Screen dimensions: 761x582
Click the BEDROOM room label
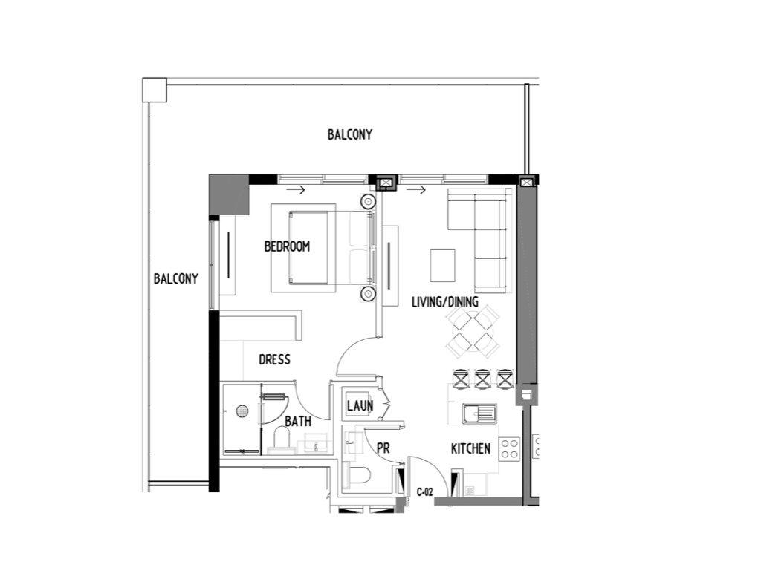(x=287, y=246)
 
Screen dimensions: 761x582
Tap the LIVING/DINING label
(x=444, y=302)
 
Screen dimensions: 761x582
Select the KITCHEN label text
(x=470, y=448)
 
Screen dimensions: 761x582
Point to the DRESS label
(x=274, y=359)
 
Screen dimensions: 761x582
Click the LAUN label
(x=360, y=405)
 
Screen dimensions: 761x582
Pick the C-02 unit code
(x=424, y=492)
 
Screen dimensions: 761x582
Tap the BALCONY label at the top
(x=349, y=134)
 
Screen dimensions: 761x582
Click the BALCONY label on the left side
(x=175, y=279)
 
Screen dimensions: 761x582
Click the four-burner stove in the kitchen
(x=509, y=448)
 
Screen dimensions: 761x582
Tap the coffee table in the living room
(x=443, y=265)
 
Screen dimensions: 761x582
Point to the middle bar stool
(x=482, y=379)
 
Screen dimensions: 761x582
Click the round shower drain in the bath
(x=242, y=411)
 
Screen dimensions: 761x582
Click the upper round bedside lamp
(x=367, y=200)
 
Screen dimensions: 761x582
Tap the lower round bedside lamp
(x=367, y=294)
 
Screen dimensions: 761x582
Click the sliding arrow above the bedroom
(x=296, y=189)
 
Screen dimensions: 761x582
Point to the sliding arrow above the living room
(x=416, y=189)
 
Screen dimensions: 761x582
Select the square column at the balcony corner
(x=155, y=91)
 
